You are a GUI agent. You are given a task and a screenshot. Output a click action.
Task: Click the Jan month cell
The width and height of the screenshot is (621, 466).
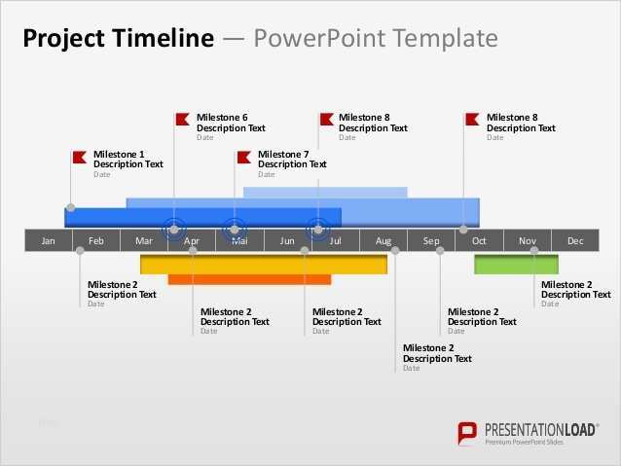tap(49, 241)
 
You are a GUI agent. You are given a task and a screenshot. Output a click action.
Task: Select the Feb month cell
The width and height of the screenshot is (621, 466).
tap(96, 241)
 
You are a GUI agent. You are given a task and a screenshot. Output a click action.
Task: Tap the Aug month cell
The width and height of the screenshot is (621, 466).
tap(384, 241)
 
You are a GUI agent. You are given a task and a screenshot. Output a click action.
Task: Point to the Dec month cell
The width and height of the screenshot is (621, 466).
tap(575, 241)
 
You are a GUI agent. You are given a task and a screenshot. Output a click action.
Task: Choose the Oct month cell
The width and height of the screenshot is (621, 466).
tap(479, 241)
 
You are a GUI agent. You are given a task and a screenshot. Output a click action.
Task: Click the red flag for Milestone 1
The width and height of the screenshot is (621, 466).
tap(79, 156)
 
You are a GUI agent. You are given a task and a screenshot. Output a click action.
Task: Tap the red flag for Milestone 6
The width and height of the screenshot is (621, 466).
tap(182, 120)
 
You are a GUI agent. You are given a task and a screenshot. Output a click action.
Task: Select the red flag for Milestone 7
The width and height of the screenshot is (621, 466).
tap(242, 156)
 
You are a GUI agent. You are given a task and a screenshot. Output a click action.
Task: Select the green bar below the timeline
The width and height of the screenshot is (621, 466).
tap(516, 265)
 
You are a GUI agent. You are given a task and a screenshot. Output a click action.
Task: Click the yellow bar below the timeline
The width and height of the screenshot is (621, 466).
tap(263, 264)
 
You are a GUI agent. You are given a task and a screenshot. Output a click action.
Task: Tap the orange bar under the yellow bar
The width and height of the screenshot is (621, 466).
tap(249, 279)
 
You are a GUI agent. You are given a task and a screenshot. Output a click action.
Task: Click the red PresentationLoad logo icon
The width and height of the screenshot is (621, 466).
tap(468, 433)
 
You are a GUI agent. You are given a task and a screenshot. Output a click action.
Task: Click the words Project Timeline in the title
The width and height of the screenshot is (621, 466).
tap(117, 38)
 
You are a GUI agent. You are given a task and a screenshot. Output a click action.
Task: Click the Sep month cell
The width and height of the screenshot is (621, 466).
tap(431, 241)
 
